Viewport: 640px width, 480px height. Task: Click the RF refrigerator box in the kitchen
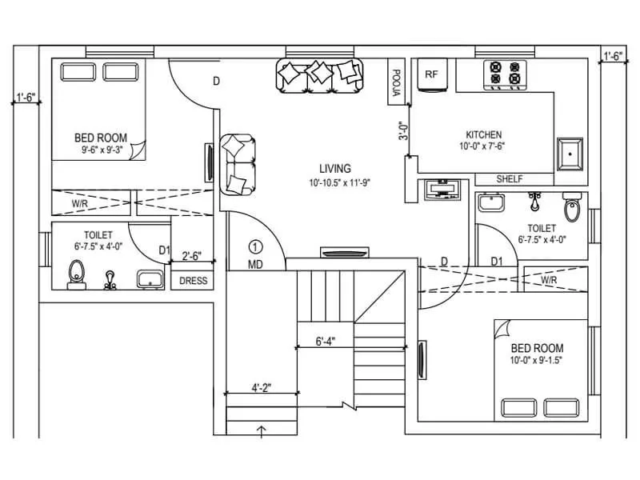[x=432, y=75]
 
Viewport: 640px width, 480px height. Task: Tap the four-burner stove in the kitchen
[x=506, y=73]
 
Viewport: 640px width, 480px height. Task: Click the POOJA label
[x=395, y=82]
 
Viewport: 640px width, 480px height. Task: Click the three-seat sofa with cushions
[x=319, y=75]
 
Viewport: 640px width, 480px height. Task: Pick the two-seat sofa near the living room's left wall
[x=238, y=164]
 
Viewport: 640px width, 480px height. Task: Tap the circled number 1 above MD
[x=255, y=247]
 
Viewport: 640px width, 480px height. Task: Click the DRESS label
[x=193, y=281]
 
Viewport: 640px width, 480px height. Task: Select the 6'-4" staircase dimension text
[x=325, y=342]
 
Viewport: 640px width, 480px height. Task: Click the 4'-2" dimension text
[x=262, y=388]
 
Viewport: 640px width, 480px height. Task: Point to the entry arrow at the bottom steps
[x=261, y=432]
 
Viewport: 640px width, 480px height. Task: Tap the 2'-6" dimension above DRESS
[x=192, y=257]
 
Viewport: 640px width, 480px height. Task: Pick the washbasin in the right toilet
[x=490, y=203]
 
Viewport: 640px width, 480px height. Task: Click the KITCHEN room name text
[x=484, y=134]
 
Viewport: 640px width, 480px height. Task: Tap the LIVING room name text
[x=334, y=169]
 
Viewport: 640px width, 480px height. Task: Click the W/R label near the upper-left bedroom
[x=79, y=204]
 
